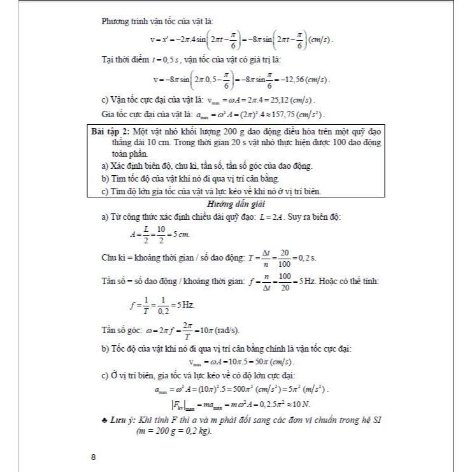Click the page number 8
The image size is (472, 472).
click(x=94, y=456)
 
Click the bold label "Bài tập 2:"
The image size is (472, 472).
click(x=111, y=131)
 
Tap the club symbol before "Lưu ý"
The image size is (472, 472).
click(x=105, y=421)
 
